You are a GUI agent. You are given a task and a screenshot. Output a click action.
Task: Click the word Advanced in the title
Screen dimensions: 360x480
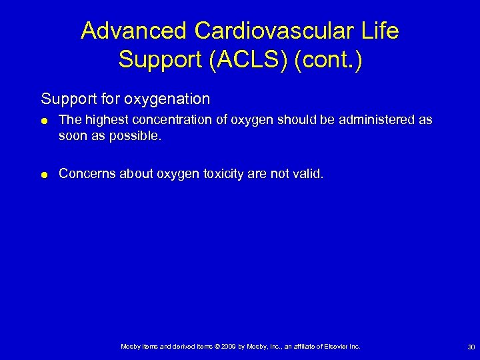[133, 31]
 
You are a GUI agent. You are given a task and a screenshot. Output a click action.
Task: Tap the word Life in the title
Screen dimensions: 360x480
[380, 31]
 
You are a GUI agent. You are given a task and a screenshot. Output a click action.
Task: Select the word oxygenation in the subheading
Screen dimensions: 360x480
[171, 99]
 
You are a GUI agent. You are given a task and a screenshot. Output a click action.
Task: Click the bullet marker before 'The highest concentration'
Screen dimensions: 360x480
[44, 121]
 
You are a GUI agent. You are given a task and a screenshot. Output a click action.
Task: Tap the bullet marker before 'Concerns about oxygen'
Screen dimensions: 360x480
[44, 175]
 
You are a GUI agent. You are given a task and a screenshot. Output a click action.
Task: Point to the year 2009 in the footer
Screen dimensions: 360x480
[227, 347]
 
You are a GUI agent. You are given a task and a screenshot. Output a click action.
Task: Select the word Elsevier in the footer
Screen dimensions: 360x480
[337, 347]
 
